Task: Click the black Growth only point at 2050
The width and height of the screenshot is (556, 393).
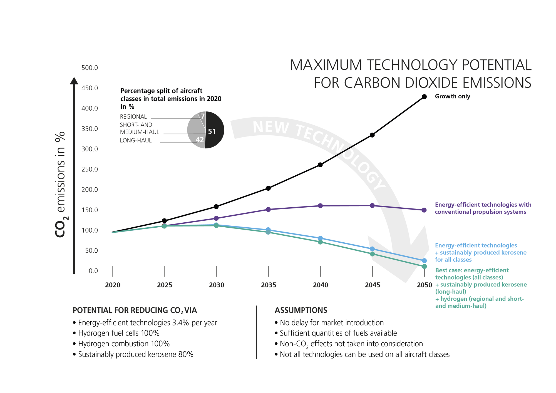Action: pyautogui.click(x=424, y=97)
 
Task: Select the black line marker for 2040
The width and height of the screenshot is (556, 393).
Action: pyautogui.click(x=320, y=165)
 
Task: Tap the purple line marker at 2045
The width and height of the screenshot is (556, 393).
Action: pyautogui.click(x=372, y=205)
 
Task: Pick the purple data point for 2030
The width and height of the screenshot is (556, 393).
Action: pyautogui.click(x=216, y=218)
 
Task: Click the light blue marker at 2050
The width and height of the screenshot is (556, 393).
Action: pyautogui.click(x=424, y=261)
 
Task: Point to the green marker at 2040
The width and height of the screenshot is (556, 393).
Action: pyautogui.click(x=320, y=242)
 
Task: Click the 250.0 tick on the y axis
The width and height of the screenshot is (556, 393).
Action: pyautogui.click(x=90, y=169)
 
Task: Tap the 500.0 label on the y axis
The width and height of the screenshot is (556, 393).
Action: pyautogui.click(x=90, y=68)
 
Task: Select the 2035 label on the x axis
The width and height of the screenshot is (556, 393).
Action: pyautogui.click(x=268, y=285)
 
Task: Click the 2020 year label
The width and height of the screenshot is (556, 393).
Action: pyautogui.click(x=113, y=285)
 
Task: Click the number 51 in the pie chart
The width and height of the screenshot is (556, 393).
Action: pyautogui.click(x=212, y=131)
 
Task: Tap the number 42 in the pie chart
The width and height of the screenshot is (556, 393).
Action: pyautogui.click(x=200, y=140)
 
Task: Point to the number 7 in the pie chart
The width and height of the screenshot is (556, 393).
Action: pyautogui.click(x=203, y=116)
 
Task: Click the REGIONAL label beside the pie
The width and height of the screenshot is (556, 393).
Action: pyautogui.click(x=133, y=117)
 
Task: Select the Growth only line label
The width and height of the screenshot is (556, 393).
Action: pyautogui.click(x=452, y=96)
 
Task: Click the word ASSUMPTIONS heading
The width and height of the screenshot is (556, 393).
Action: pyautogui.click(x=301, y=310)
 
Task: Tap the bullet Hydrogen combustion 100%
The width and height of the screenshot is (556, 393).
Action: pyautogui.click(x=124, y=344)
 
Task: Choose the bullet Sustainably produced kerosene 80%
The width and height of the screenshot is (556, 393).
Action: pyautogui.click(x=136, y=354)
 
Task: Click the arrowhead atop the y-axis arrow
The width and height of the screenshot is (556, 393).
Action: pyautogui.click(x=74, y=81)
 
